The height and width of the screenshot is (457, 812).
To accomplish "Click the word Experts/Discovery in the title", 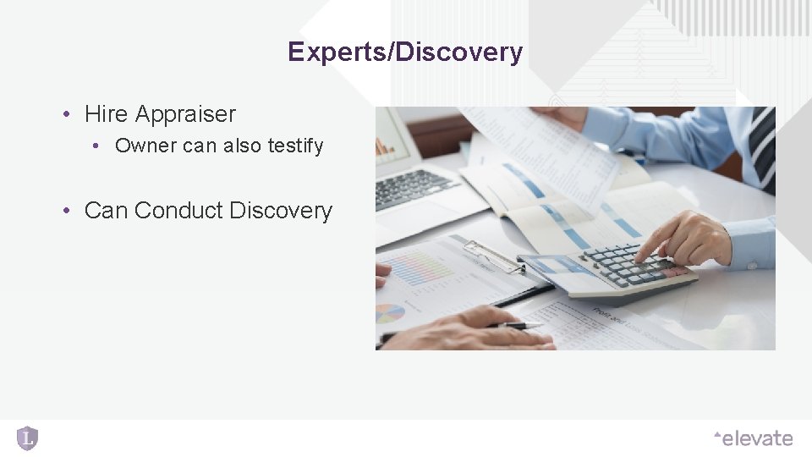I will click(404, 52).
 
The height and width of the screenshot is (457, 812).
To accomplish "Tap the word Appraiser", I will click(185, 113).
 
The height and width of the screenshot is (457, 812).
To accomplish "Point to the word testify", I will click(295, 146).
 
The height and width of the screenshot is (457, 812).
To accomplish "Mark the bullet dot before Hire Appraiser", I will click(65, 114).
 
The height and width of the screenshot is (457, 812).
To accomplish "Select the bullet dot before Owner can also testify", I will click(98, 146).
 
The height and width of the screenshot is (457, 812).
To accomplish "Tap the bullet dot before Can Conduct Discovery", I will click(65, 211).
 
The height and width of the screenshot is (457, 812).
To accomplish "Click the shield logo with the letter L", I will click(27, 438).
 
